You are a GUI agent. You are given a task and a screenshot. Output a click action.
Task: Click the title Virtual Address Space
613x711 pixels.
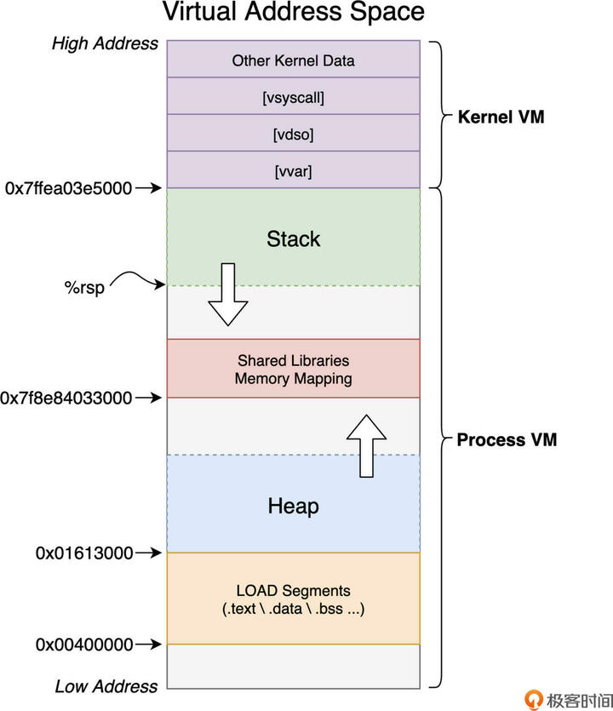pyautogui.click(x=293, y=14)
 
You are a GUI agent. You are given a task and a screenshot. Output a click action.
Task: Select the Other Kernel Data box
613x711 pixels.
pyautogui.click(x=293, y=60)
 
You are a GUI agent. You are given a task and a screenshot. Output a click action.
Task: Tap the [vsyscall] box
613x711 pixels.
pyautogui.click(x=293, y=97)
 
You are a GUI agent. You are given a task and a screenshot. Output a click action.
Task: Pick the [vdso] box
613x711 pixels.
pyautogui.click(x=293, y=135)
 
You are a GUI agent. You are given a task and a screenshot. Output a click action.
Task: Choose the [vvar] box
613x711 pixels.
pyautogui.click(x=293, y=171)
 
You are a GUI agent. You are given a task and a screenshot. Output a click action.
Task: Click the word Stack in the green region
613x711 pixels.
pyautogui.click(x=293, y=238)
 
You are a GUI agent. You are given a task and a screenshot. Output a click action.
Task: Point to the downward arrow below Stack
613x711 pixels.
pyautogui.click(x=227, y=295)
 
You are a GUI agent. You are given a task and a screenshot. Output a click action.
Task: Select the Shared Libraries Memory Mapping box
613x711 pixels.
pyautogui.click(x=293, y=370)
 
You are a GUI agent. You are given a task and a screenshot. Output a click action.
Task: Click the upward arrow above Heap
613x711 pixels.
pyautogui.click(x=367, y=445)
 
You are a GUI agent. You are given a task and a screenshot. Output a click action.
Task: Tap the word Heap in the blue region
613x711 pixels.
pyautogui.click(x=293, y=506)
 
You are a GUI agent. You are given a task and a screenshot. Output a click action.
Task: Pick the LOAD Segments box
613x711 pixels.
pyautogui.click(x=293, y=599)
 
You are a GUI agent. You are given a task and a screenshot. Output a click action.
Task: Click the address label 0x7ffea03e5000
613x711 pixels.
pyautogui.click(x=68, y=188)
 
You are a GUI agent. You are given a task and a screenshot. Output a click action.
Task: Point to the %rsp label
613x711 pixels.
pyautogui.click(x=84, y=287)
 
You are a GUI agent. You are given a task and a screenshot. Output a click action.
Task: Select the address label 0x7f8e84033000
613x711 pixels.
pyautogui.click(x=66, y=398)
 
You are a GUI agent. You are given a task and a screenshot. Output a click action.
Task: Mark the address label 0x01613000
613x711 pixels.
pyautogui.click(x=84, y=553)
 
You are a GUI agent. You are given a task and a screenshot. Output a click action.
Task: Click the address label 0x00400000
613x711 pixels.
pyautogui.click(x=84, y=645)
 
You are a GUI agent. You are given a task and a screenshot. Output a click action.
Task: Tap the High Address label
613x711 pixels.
pyautogui.click(x=106, y=43)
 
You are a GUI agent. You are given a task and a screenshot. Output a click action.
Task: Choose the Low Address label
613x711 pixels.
pyautogui.click(x=106, y=686)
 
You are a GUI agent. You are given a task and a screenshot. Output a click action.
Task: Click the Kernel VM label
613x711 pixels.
pyautogui.click(x=501, y=117)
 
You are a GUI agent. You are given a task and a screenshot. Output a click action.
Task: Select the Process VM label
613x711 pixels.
pyautogui.click(x=507, y=439)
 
